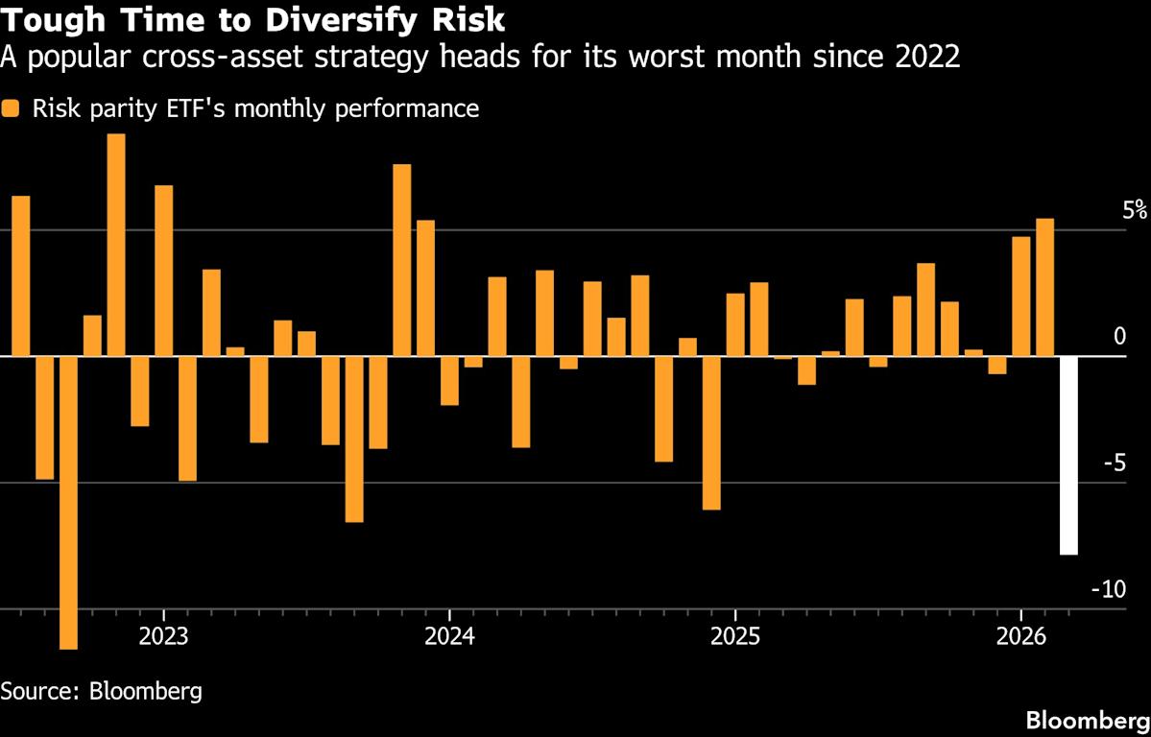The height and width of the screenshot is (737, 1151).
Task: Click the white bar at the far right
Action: (x=1068, y=455)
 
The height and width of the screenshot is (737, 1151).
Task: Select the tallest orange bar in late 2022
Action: (x=116, y=245)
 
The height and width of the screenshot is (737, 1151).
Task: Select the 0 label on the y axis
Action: (x=1117, y=337)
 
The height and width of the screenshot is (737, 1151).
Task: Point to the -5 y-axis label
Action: (x=1113, y=464)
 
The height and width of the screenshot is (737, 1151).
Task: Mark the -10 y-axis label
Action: (x=1108, y=590)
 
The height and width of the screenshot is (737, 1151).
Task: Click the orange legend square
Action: (x=11, y=108)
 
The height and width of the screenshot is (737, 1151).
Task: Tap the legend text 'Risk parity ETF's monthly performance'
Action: (x=255, y=108)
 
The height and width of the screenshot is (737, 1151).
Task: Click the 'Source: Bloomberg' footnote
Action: (x=102, y=691)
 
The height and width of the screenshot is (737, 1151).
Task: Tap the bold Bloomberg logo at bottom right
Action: (x=1087, y=720)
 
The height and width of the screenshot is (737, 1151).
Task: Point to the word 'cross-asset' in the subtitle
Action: (x=234, y=58)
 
